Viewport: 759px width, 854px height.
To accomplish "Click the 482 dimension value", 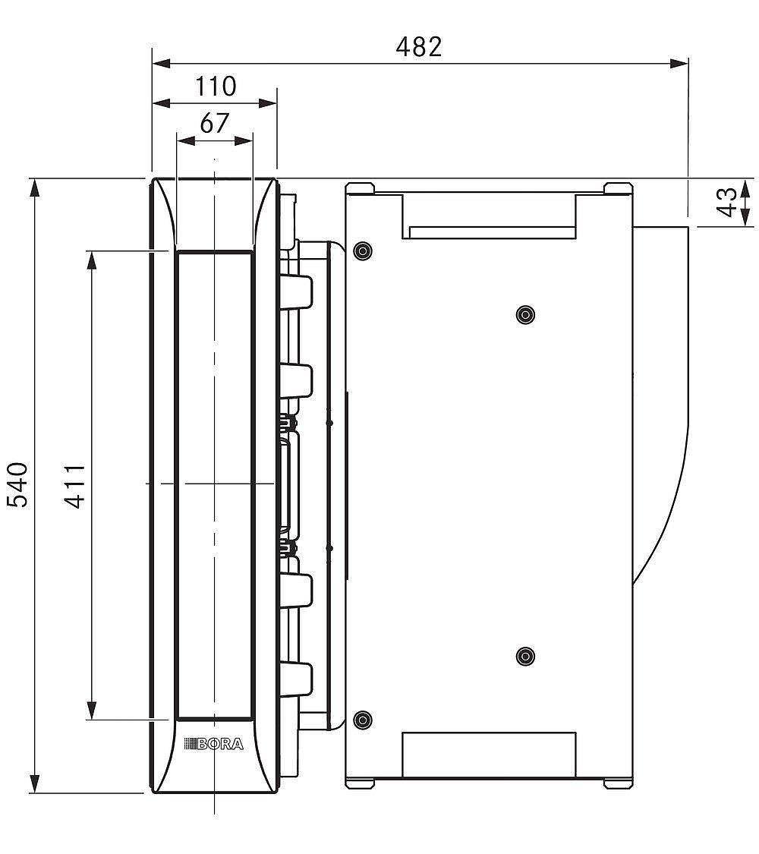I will point(418,47).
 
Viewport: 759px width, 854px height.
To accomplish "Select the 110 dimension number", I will point(216,87).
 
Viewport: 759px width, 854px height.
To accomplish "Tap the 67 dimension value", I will point(214,122).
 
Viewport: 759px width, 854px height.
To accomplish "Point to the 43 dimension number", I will point(727,203).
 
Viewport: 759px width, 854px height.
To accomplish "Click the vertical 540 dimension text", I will point(17,484).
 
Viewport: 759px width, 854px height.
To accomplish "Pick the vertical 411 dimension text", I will point(74,485).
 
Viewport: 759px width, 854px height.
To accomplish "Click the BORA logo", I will point(214,744).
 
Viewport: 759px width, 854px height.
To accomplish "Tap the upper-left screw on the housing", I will point(364,250).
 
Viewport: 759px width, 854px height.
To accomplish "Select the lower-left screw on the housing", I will point(364,720).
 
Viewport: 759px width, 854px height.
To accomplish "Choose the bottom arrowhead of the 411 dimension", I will point(92,711).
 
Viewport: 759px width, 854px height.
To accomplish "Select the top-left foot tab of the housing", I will point(360,188).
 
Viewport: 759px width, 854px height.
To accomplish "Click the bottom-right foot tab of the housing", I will point(617,783).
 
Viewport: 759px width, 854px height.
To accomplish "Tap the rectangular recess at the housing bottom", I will point(488,755).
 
